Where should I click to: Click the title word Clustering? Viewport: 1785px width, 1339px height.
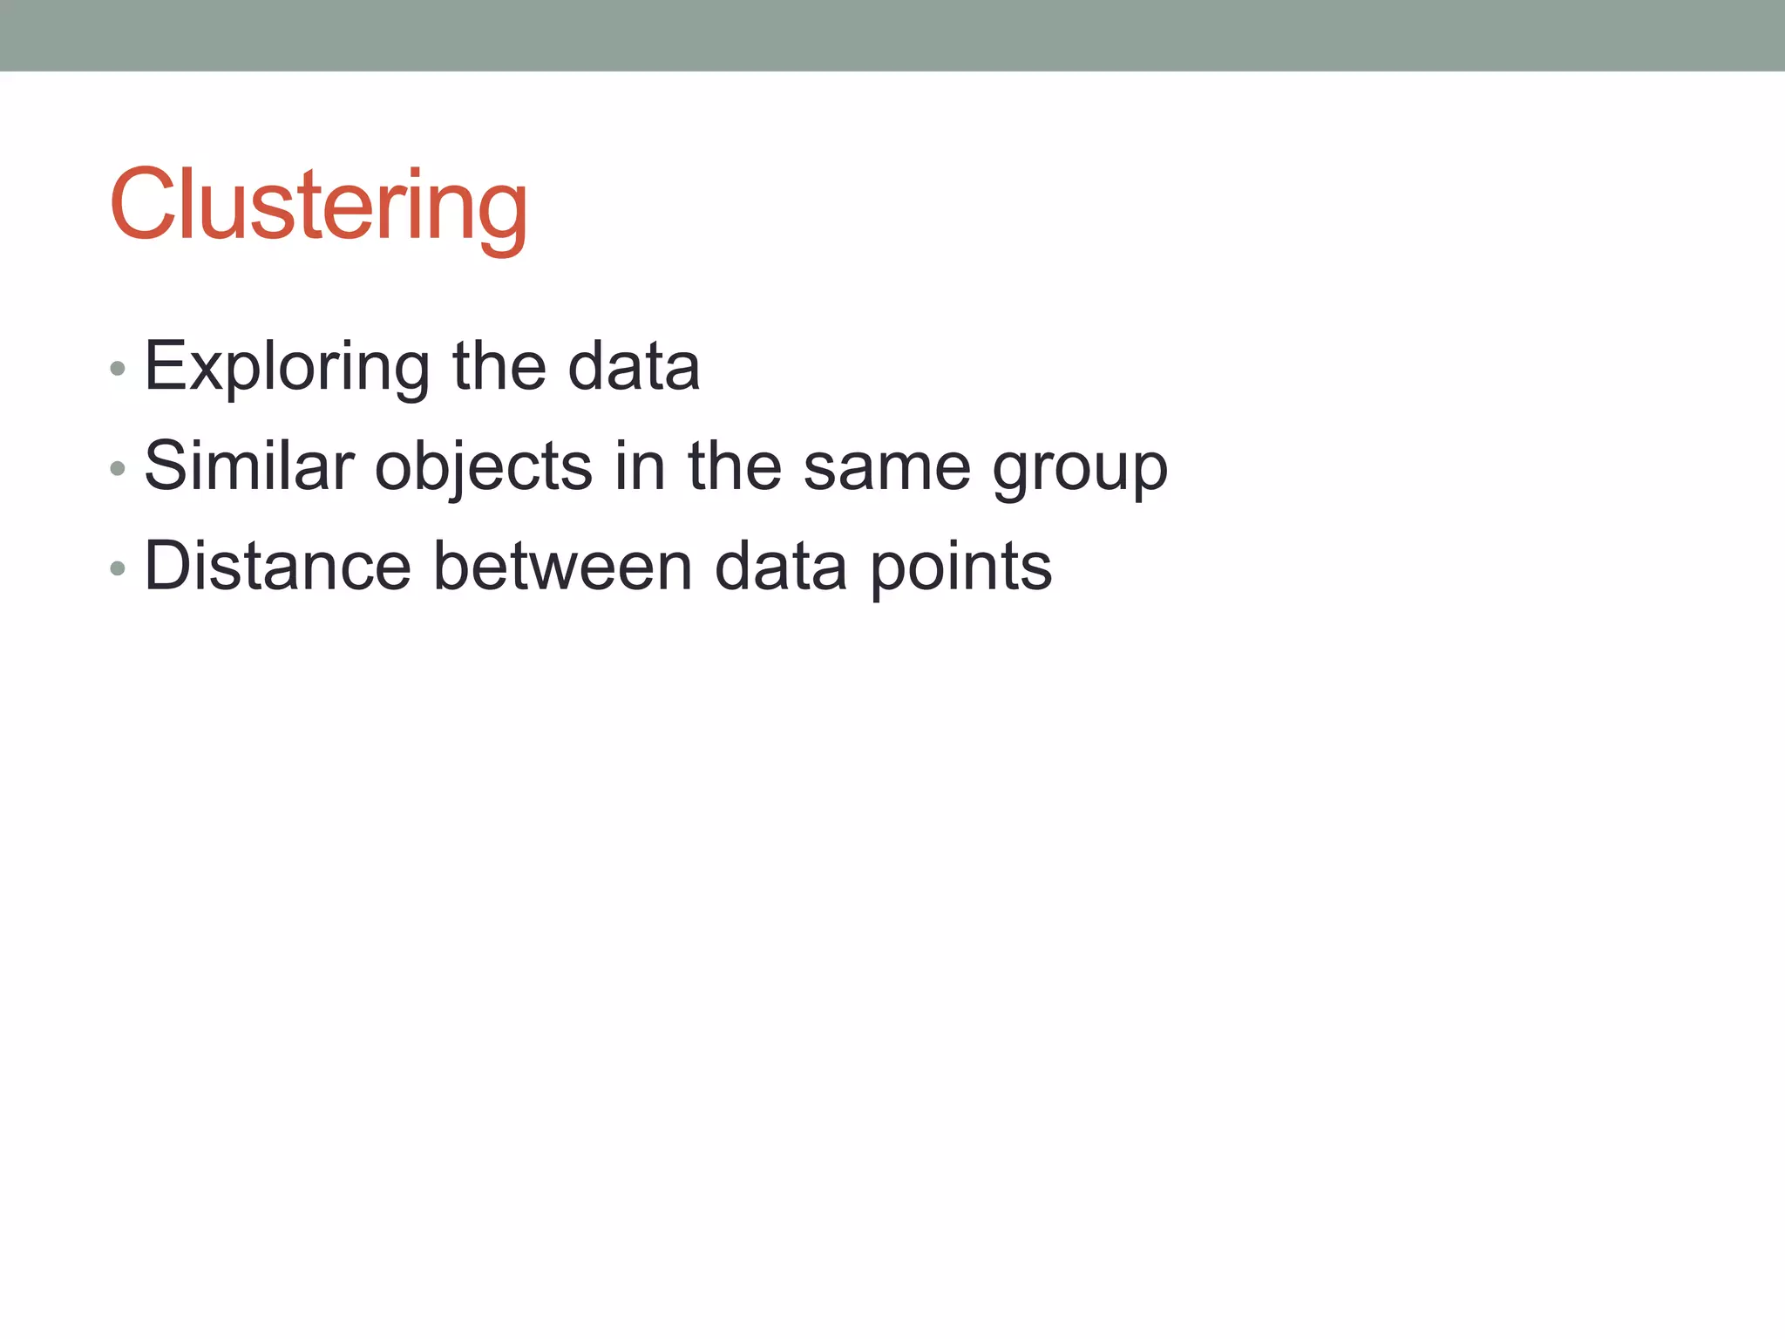tap(319, 207)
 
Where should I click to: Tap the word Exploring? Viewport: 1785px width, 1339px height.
tap(287, 367)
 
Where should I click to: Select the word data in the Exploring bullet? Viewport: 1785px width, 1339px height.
tap(634, 367)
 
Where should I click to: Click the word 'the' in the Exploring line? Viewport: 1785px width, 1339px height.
tap(499, 367)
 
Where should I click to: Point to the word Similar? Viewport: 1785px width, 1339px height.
tap(249, 466)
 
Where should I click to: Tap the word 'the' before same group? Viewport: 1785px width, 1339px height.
tap(734, 466)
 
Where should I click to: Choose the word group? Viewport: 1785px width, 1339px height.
tap(1080, 471)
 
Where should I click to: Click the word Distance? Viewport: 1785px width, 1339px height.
tap(277, 567)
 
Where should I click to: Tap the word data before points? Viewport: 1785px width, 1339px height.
tap(780, 567)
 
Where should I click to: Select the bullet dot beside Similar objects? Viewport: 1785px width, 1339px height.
tap(119, 469)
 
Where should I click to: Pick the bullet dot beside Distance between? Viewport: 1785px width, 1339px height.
tap(119, 569)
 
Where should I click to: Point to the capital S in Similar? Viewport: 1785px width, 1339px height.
tap(166, 466)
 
